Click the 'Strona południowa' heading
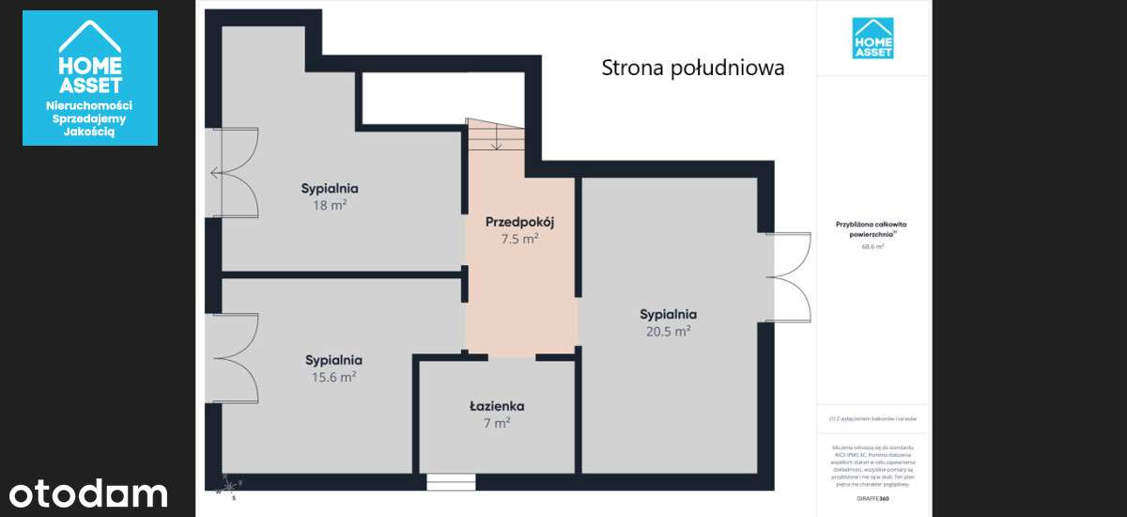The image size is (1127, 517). [x=692, y=69]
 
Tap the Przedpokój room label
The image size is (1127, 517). [x=519, y=222]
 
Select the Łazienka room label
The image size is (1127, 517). [x=497, y=406]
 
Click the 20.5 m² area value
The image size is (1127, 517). [x=668, y=331]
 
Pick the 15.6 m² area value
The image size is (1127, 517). [x=333, y=376]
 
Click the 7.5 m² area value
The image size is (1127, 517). [x=519, y=239]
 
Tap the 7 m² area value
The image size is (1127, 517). [x=497, y=423]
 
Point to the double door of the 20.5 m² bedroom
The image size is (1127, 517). [x=790, y=277]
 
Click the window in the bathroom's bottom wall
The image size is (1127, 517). [x=451, y=482]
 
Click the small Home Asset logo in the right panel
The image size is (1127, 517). [x=872, y=39]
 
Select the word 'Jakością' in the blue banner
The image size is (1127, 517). [x=89, y=133]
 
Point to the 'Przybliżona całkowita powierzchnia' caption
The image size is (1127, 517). [x=873, y=229]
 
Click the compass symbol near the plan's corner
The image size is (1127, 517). [x=231, y=488]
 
